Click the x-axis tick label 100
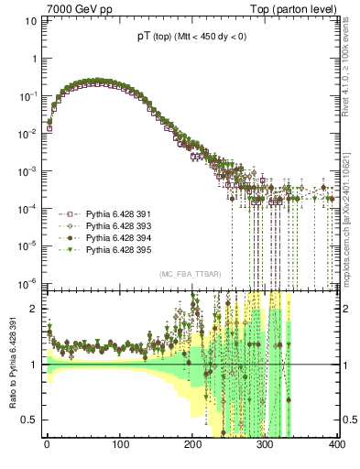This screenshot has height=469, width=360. coord(119,444)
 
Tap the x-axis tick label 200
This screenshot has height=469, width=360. coord(191,444)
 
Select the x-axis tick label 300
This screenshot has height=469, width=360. coord(264,444)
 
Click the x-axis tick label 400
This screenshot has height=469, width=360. coord(335,444)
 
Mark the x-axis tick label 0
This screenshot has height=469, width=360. coord(47,444)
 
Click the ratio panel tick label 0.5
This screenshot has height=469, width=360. coord(29,420)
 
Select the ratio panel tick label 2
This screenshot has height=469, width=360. coord(34,309)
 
